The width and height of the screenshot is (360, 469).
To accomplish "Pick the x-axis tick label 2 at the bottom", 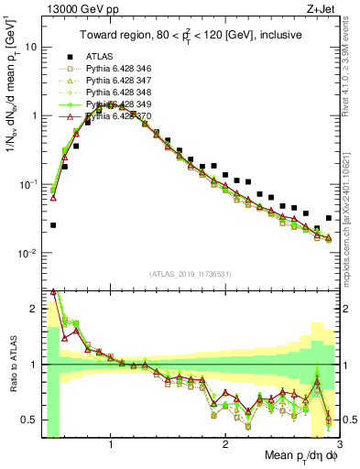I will tap(225, 443).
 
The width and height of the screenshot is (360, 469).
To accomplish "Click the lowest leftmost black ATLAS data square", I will tap(53, 225).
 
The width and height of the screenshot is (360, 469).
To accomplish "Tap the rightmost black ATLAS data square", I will tap(329, 219).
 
